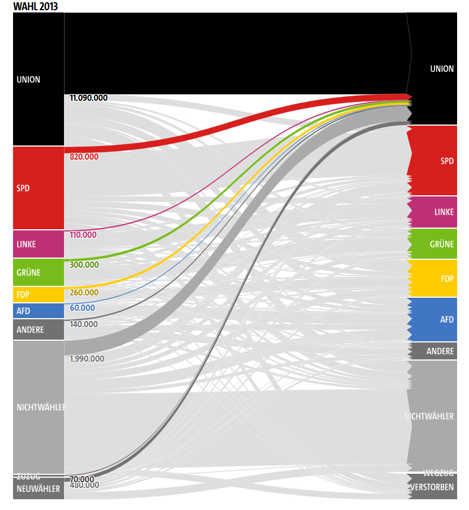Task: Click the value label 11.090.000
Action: [x=88, y=98]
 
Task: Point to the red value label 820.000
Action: [x=84, y=157]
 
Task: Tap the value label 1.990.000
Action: [x=87, y=358]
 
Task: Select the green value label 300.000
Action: [x=84, y=264]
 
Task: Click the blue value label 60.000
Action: [x=82, y=307]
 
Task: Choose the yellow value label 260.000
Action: [x=84, y=293]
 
